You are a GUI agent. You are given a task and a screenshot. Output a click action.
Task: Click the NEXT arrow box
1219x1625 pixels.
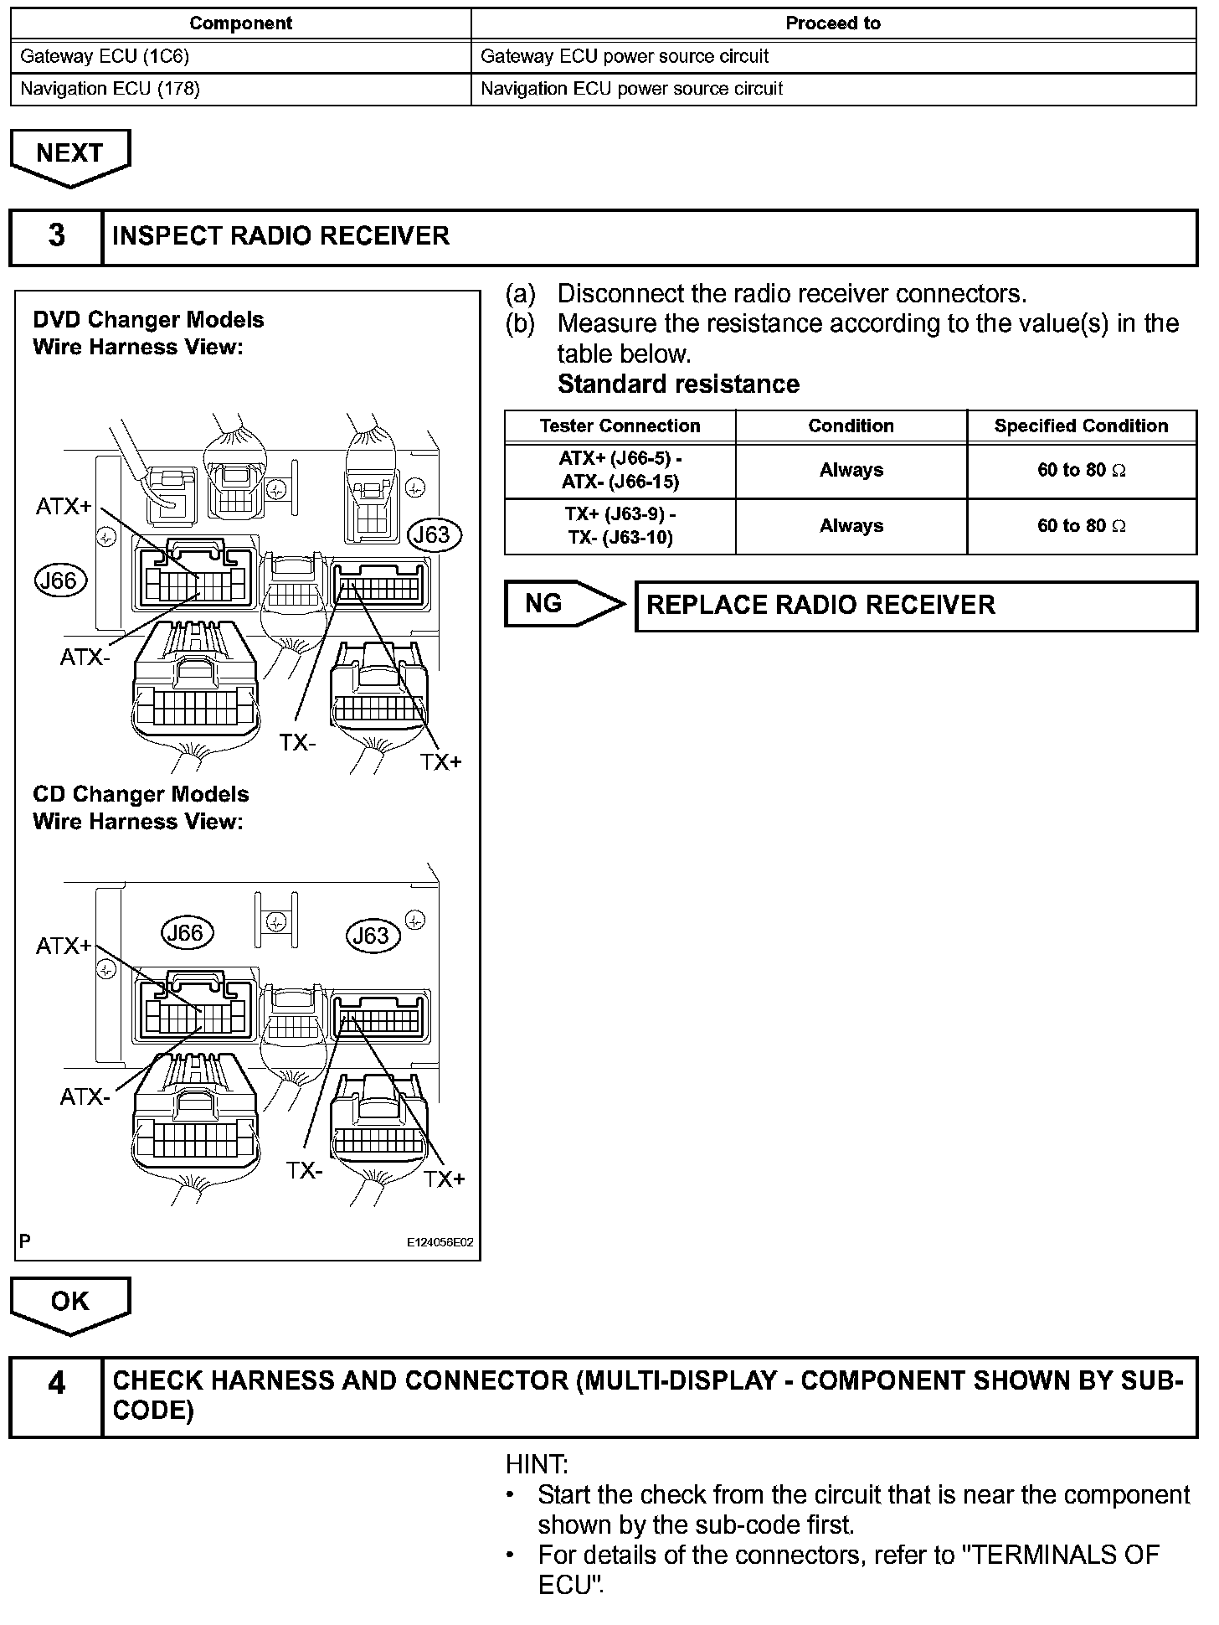[70, 154]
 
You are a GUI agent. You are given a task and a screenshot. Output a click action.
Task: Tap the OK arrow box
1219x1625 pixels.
[70, 1301]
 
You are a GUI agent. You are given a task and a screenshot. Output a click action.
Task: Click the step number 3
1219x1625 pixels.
[56, 236]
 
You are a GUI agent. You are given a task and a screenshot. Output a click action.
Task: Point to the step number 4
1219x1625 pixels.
[56, 1383]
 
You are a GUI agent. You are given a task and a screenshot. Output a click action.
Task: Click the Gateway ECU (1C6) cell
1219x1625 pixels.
[241, 57]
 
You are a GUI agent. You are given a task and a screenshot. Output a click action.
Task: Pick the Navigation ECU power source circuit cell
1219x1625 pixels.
[833, 89]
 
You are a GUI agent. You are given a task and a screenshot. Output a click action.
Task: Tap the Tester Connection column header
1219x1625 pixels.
[620, 426]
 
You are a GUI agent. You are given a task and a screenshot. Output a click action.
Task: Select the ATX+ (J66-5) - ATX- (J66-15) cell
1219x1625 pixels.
[620, 471]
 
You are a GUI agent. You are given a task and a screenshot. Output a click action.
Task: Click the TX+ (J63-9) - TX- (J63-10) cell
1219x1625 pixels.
[620, 526]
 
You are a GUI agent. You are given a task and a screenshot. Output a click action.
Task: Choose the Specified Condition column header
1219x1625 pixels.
[1081, 426]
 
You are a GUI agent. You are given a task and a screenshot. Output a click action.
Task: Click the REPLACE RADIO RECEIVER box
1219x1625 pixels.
[916, 606]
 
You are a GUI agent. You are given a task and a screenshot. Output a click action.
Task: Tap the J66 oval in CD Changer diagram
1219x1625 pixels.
[186, 932]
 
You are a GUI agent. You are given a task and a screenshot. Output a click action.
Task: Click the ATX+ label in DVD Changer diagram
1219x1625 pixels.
[64, 506]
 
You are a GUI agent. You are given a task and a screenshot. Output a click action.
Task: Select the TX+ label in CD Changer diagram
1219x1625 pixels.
[444, 1179]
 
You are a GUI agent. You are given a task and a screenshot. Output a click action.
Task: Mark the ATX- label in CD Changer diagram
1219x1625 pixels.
[85, 1096]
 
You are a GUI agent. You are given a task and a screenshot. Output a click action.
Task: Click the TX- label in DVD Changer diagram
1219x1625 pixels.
[298, 742]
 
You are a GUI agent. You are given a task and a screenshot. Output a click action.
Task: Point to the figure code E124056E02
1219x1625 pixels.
[440, 1242]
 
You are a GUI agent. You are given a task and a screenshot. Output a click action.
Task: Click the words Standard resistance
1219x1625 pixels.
[678, 384]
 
